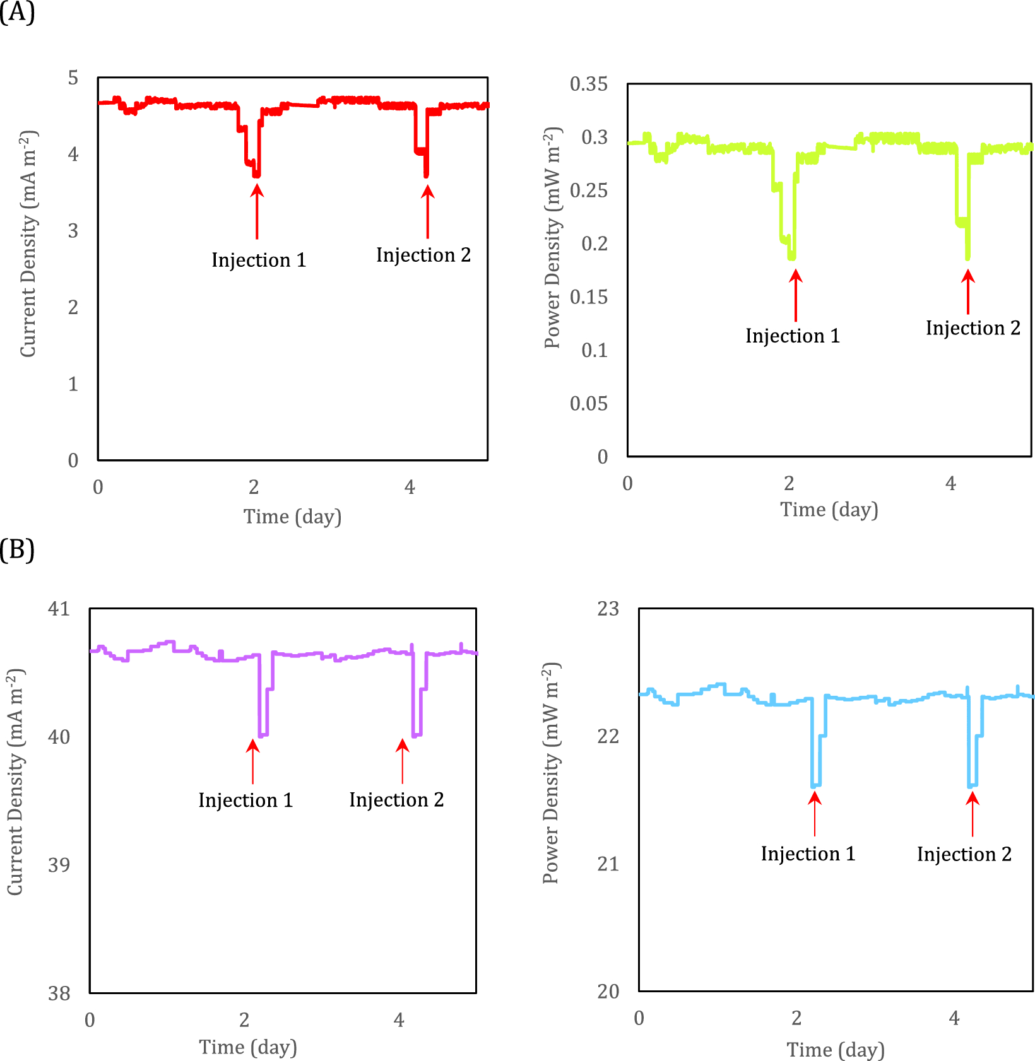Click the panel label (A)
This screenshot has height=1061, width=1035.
pos(17,12)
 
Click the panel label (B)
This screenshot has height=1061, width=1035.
pos(17,549)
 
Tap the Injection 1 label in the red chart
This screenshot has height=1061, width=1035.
pos(259,260)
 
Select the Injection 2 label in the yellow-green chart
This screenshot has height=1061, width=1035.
pos(973,328)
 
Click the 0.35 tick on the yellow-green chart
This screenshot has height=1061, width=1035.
pos(588,84)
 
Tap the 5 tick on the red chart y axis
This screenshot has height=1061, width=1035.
pos(73,78)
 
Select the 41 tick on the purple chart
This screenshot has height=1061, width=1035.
pos(59,609)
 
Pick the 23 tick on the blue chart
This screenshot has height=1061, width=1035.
pos(608,609)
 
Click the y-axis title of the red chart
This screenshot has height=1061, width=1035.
pos(28,243)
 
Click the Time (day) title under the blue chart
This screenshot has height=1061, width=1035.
pos(836,1050)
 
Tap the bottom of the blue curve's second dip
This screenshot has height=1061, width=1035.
pos(973,785)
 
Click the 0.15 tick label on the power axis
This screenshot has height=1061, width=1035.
pos(588,297)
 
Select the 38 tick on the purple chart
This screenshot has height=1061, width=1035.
pos(59,994)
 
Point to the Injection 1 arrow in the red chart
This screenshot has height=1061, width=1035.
pos(257,211)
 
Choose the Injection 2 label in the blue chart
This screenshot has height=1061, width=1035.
pos(964,854)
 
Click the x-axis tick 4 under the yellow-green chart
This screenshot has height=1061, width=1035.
pos(950,483)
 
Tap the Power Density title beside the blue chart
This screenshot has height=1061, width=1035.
pos(551,773)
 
